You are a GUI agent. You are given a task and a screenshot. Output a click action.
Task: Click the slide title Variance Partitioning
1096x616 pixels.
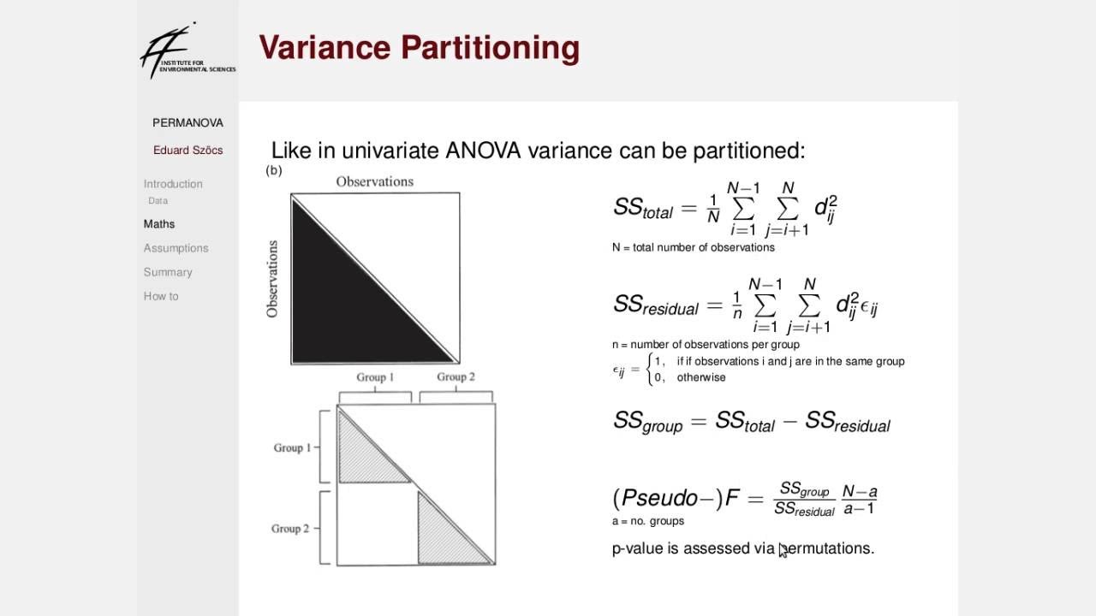pos(419,48)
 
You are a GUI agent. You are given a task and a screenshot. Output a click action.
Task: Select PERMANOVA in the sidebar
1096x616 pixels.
pos(188,122)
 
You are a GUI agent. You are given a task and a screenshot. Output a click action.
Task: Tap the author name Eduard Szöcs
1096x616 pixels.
pos(188,150)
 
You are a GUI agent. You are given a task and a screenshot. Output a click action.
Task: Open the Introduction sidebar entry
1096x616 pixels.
pos(173,184)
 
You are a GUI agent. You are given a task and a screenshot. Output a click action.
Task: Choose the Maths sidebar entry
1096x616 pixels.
pos(159,224)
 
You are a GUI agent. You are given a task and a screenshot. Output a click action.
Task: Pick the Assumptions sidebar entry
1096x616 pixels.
pos(176,248)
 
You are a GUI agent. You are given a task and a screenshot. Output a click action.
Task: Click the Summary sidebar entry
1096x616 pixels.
pos(168,272)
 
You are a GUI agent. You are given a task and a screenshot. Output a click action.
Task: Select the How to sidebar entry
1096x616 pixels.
pos(161,296)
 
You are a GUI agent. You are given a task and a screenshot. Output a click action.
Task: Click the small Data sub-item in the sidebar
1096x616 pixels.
pos(158,201)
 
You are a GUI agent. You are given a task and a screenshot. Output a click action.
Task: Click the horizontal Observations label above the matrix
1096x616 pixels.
pos(374,181)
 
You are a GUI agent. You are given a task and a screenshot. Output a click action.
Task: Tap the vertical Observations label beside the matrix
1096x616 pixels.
pos(272,279)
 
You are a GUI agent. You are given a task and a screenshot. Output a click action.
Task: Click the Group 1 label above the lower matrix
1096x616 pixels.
pos(375,377)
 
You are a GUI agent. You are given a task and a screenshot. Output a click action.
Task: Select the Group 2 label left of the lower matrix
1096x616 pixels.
pos(290,529)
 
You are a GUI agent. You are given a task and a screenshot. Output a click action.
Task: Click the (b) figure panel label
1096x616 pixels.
pos(274,170)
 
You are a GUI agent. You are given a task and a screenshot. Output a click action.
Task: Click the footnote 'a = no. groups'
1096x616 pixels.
pos(648,521)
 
